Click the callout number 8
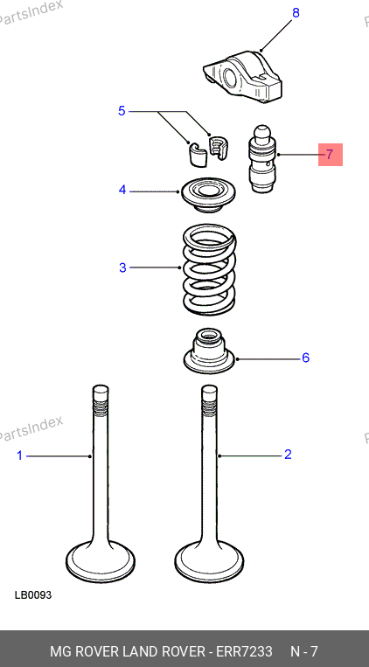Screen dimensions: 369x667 pos(296,13)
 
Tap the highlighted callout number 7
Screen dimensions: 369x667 pos(331,155)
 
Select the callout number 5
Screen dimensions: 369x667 pos(122,111)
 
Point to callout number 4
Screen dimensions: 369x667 pos(122,191)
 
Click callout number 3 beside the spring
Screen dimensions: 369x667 pos(122,267)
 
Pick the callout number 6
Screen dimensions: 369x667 pos(305,358)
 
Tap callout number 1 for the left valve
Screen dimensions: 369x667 pos(19,456)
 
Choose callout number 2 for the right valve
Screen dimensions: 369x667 pos(288,455)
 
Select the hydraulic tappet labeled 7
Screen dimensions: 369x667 pos(262,159)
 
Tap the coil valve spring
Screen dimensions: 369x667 pos(209,270)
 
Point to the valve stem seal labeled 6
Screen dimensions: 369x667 pos(209,351)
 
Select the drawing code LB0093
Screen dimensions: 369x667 pos(33,594)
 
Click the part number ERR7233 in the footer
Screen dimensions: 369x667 pos(244,651)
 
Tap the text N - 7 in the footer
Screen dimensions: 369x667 pos(304,651)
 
